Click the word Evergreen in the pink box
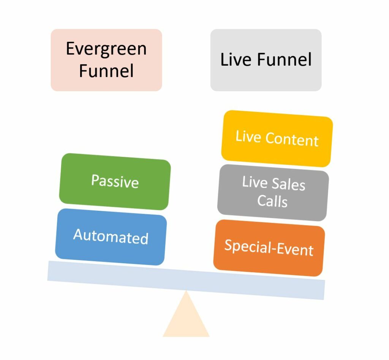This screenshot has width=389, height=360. coord(106,49)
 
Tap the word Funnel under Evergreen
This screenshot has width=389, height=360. coord(106,71)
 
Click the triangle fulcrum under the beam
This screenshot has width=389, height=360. coord(186,319)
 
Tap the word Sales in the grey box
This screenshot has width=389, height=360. coord(289,185)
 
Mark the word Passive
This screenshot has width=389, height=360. coord(115,181)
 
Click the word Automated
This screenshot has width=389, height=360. coord(111,237)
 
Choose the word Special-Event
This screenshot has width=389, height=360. coord(269,248)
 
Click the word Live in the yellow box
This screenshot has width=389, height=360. coord(248,136)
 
